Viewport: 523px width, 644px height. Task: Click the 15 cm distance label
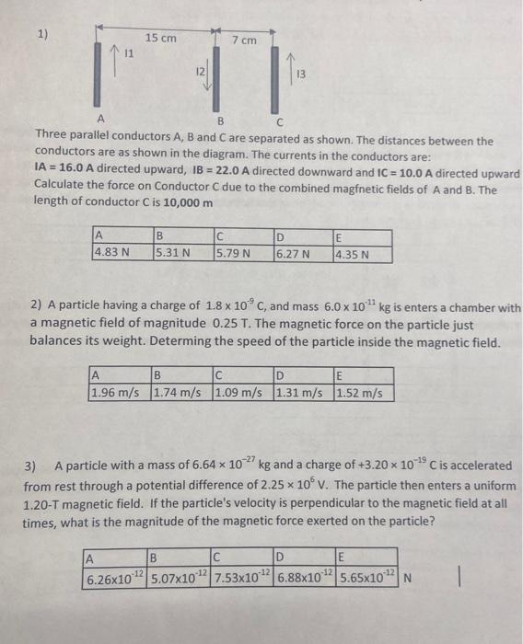pyautogui.click(x=161, y=38)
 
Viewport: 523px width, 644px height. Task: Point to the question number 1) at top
pyautogui.click(x=43, y=36)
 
